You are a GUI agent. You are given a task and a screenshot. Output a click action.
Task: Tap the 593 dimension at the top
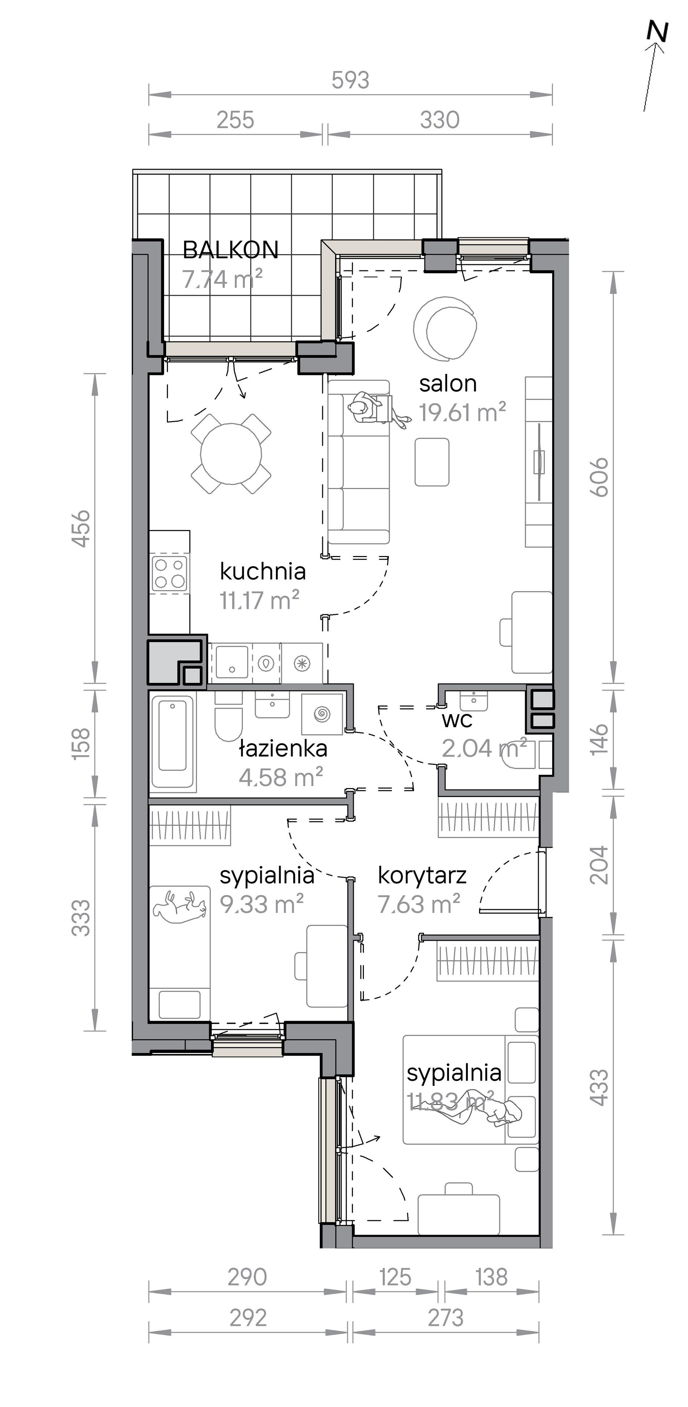350,80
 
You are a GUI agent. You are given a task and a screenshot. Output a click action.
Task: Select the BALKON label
231,250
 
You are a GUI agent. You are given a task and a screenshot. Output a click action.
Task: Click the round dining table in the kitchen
231,453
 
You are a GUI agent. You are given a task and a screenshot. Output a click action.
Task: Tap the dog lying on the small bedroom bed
180,907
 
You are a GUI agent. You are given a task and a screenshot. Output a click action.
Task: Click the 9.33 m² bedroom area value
262,905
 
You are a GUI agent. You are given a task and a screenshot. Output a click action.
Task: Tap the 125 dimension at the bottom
395,1277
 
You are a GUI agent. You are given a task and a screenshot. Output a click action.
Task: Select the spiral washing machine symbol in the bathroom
322,713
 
